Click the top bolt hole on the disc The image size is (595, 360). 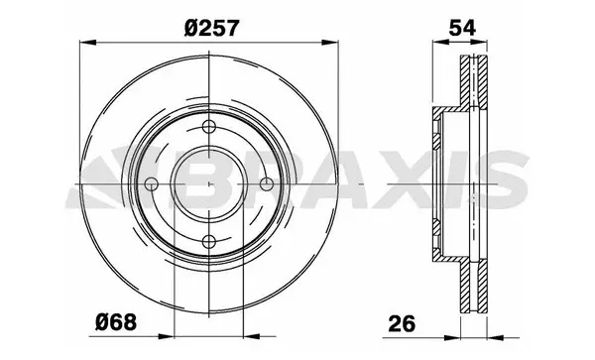click(208, 126)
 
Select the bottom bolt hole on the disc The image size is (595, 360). click(208, 241)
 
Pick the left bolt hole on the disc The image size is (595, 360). click(151, 183)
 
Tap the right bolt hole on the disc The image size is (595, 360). click(266, 183)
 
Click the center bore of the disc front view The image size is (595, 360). click(208, 183)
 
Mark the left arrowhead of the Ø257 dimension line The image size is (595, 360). click(84, 42)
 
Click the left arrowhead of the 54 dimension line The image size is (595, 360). click(437, 42)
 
